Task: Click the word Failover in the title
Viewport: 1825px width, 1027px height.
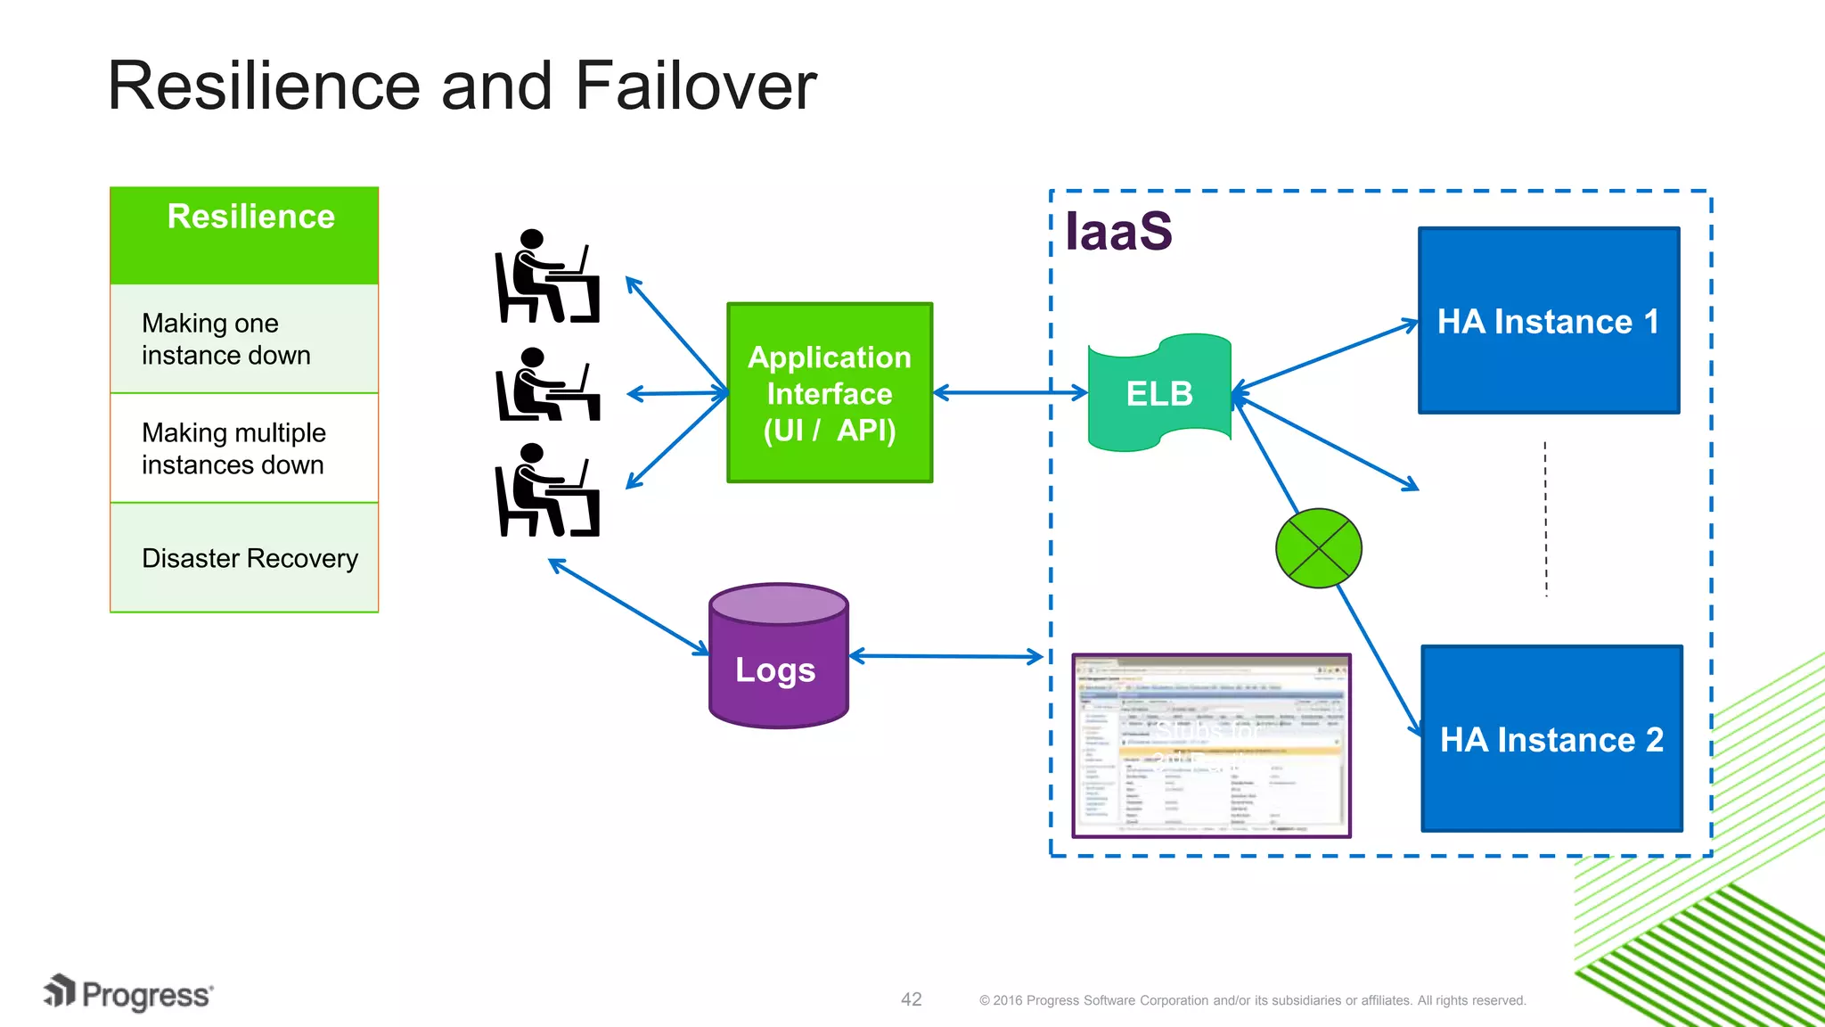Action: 695,86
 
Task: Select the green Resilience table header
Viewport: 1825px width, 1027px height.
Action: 244,234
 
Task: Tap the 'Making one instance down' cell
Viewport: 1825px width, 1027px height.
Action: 244,339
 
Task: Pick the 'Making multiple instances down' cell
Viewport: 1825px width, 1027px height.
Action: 244,448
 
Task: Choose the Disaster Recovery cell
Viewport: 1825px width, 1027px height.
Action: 244,558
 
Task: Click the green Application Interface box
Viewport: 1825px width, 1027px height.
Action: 830,393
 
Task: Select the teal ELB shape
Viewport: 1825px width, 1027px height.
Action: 1158,393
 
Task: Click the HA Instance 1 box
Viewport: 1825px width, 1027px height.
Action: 1549,321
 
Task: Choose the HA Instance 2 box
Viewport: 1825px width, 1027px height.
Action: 1551,739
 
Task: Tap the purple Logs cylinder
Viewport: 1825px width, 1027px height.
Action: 778,658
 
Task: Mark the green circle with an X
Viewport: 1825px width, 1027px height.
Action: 1318,548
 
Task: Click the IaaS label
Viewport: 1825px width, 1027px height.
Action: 1118,231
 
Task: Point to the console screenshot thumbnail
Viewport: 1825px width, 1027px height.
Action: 1211,745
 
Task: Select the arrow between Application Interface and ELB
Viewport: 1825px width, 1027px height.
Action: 1010,392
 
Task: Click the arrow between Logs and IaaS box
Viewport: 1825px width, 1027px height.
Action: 945,657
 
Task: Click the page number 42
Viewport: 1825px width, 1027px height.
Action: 911,999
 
